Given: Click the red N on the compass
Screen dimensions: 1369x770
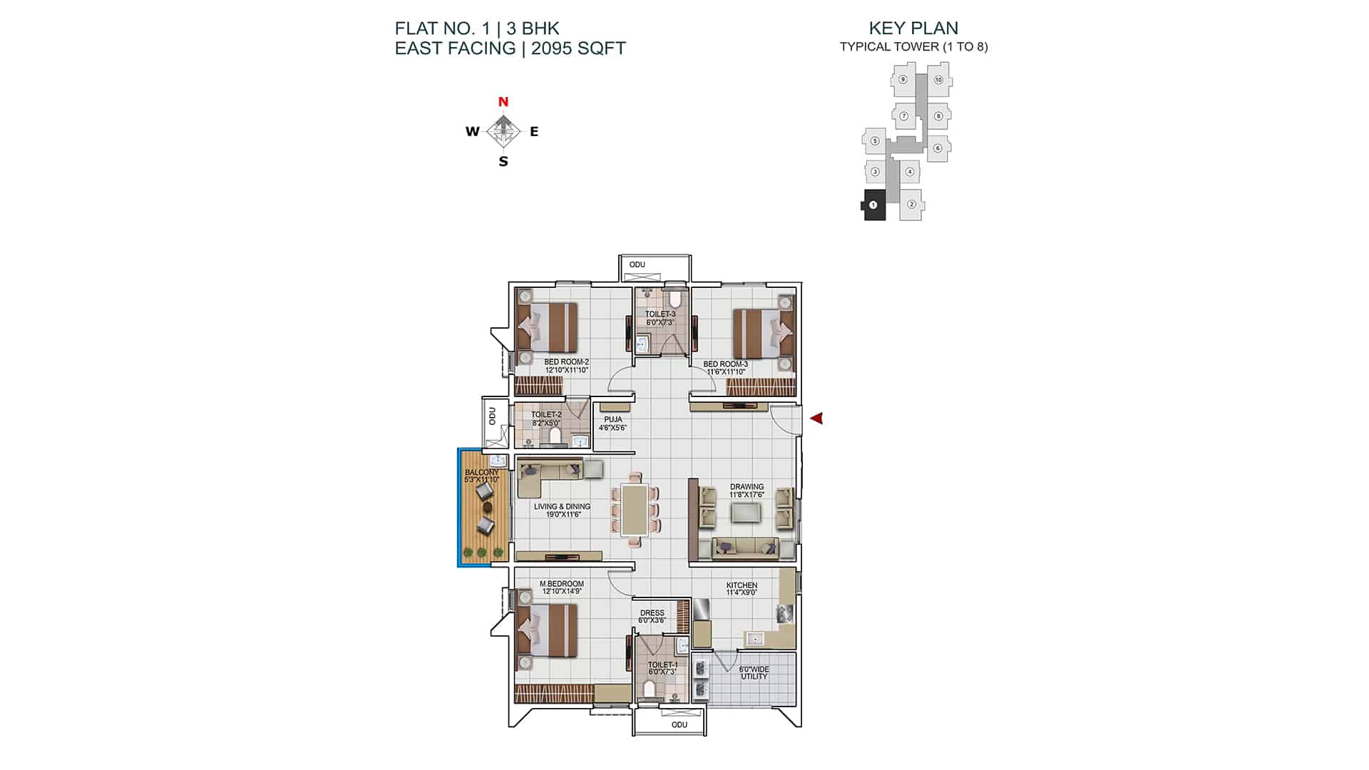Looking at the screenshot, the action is tap(503, 102).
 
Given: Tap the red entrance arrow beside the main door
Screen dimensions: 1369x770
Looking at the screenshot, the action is tap(816, 419).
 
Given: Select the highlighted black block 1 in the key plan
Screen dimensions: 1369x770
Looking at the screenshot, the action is tap(873, 205).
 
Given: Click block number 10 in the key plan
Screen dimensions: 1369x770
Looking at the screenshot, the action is tap(938, 80).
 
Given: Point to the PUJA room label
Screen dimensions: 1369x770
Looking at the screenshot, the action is tap(613, 420).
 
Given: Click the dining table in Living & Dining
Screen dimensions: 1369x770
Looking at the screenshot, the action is tap(635, 510).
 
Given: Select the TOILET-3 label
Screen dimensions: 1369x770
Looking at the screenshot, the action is tap(660, 314).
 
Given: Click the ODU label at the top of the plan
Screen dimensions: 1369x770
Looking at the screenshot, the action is tap(637, 265).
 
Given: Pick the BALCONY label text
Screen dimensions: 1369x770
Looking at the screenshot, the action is tap(482, 473).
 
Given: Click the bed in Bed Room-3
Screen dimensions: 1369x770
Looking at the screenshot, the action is tap(764, 332).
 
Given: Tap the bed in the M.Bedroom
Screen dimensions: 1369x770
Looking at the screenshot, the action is tap(546, 630).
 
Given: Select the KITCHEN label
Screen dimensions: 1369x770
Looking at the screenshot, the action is tap(742, 585).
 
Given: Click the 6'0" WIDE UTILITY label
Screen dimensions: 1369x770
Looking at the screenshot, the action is tap(754, 673).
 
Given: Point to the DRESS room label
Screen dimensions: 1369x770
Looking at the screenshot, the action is tap(652, 613).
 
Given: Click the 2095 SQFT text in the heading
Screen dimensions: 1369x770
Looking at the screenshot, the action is tap(578, 48).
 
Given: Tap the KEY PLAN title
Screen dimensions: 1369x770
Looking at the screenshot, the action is tap(913, 29).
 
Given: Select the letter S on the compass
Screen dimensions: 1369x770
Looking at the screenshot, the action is tap(503, 162).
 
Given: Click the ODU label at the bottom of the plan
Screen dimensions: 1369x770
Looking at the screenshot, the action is tap(680, 724).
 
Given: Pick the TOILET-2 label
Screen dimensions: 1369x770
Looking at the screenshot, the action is tap(546, 415).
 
